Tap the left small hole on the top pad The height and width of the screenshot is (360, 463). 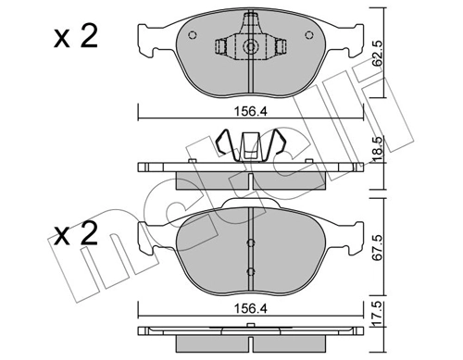[x=192, y=36]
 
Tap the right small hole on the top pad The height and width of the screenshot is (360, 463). [x=307, y=36]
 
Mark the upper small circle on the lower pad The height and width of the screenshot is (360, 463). [x=249, y=242]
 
